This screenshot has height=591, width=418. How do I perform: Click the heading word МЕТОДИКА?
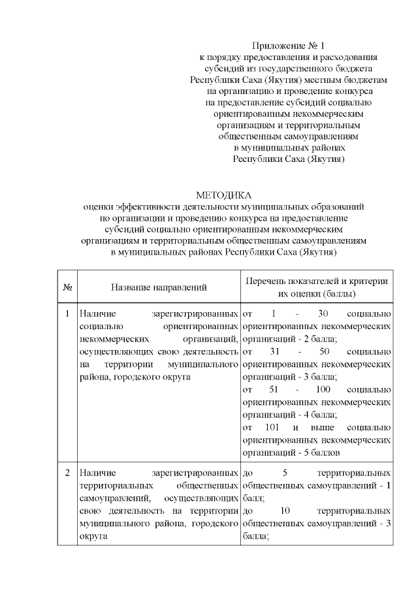click(223, 194)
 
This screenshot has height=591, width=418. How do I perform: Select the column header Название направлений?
click(159, 287)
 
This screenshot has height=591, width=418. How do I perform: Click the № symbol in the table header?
click(67, 287)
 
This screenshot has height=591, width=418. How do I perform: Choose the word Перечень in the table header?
click(266, 281)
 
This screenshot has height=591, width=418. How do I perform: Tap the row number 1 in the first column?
click(67, 313)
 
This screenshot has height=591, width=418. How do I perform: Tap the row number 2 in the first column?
click(67, 471)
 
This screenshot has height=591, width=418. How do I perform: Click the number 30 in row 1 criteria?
click(323, 313)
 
